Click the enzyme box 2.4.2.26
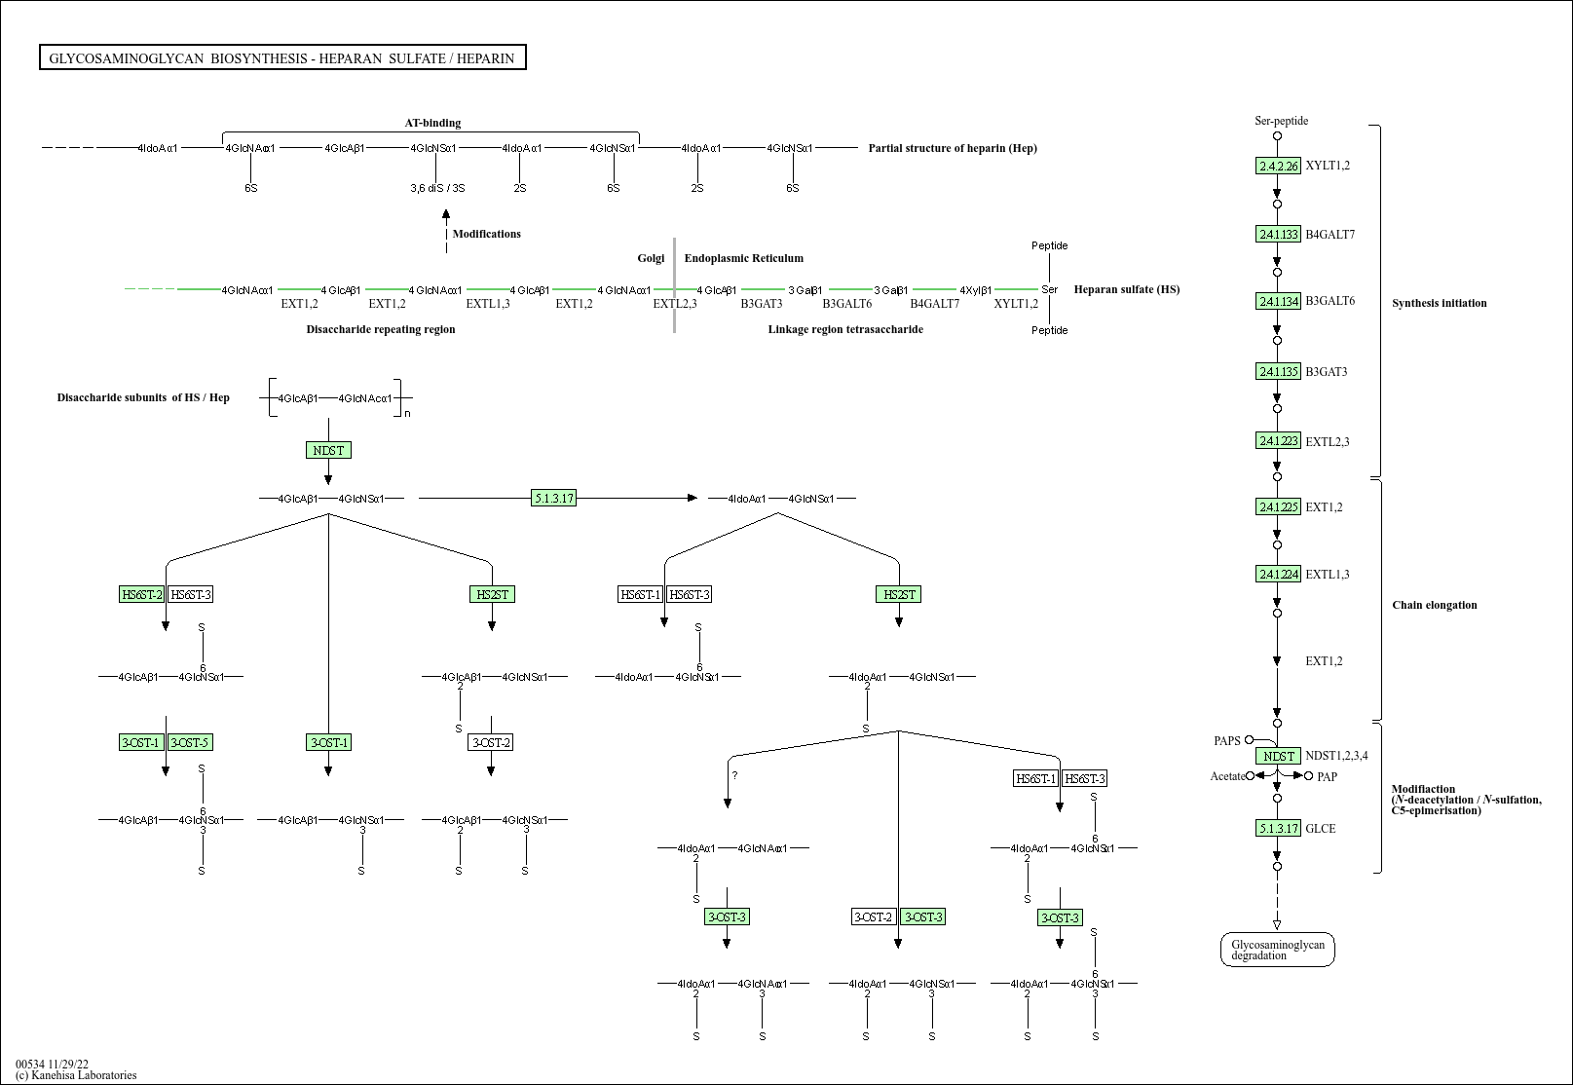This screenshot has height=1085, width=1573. pyautogui.click(x=1278, y=166)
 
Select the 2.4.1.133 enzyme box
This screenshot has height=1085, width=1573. pyautogui.click(x=1278, y=234)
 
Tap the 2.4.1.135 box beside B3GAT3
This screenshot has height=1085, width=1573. pyautogui.click(x=1278, y=371)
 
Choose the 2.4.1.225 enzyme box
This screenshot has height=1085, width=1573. pyautogui.click(x=1278, y=506)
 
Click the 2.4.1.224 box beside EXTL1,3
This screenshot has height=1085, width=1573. pyautogui.click(x=1278, y=574)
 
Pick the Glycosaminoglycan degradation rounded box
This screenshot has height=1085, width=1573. pyautogui.click(x=1277, y=950)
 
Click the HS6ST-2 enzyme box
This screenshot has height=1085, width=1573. pyautogui.click(x=141, y=594)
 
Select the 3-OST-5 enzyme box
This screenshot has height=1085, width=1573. pyautogui.click(x=190, y=742)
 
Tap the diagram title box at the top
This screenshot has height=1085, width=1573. pyautogui.click(x=282, y=58)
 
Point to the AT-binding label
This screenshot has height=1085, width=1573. pyautogui.click(x=432, y=123)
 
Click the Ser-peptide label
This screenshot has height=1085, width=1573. pyautogui.click(x=1281, y=121)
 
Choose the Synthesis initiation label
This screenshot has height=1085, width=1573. pyautogui.click(x=1439, y=303)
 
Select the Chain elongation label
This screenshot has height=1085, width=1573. pyautogui.click(x=1434, y=605)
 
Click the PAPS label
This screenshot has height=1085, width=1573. pyautogui.click(x=1226, y=741)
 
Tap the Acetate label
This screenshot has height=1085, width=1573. pyautogui.click(x=1227, y=776)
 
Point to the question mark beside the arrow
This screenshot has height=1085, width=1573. pyautogui.click(x=734, y=775)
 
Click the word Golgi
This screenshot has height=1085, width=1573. pyautogui.click(x=651, y=258)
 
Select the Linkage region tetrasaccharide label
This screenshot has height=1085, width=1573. pyautogui.click(x=844, y=329)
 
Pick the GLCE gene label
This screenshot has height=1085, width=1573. pyautogui.click(x=1320, y=829)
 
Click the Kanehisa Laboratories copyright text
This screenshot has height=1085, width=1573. pyautogui.click(x=76, y=1075)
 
